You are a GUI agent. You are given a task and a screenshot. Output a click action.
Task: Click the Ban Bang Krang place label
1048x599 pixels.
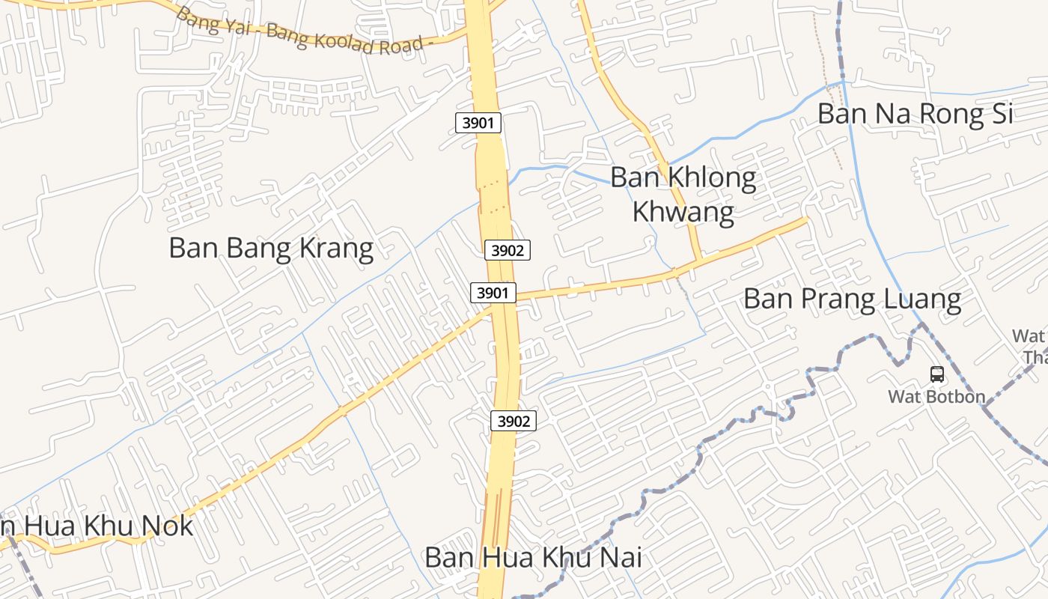point(271,248)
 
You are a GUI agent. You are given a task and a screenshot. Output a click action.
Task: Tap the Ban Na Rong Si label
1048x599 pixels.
point(915,115)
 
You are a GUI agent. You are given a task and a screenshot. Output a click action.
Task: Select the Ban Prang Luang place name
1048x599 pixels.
point(852,299)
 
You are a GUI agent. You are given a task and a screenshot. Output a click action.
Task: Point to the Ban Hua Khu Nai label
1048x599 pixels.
point(533,558)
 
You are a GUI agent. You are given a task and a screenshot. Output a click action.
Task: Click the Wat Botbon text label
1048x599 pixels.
point(936,396)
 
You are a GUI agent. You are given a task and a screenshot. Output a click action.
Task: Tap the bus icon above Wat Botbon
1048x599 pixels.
point(936,374)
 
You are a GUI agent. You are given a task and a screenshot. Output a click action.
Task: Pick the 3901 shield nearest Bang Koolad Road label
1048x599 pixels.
point(478,122)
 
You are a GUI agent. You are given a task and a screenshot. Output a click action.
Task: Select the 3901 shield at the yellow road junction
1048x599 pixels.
point(493,293)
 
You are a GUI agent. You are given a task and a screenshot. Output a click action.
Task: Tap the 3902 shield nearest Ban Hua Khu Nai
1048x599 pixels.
point(514,421)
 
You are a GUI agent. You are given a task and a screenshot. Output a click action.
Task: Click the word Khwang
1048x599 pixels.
point(683,212)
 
